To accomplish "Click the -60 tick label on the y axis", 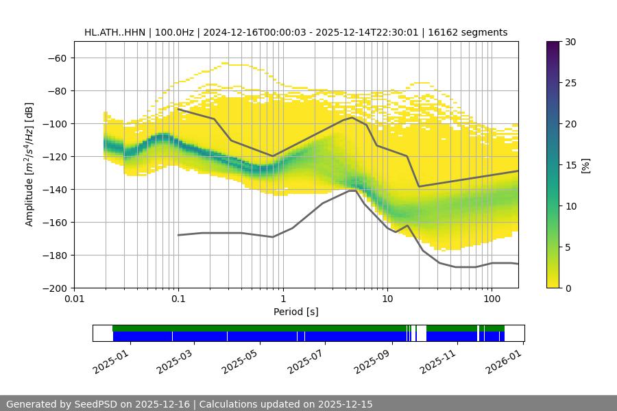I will point(56,58).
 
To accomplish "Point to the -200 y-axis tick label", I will point(53,288).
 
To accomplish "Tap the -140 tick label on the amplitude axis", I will point(53,190).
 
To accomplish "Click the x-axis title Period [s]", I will point(296,312).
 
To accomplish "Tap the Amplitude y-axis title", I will point(29,164).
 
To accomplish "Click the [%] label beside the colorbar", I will point(585,165).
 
